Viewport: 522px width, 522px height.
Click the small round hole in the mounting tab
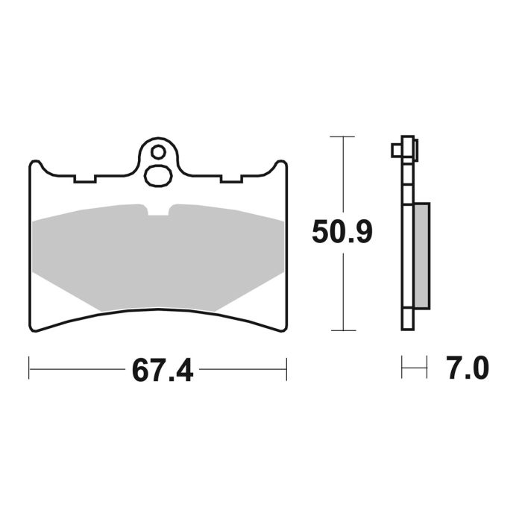[x=157, y=152]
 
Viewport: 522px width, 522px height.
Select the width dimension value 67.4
[x=163, y=370]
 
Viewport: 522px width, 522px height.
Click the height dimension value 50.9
[x=342, y=233]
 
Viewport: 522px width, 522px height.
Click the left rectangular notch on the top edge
[x=85, y=180]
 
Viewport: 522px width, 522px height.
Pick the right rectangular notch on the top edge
[x=231, y=180]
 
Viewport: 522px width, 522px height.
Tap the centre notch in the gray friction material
[x=158, y=210]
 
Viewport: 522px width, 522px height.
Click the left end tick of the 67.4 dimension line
[x=29, y=368]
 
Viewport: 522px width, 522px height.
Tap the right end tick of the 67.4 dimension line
[x=286, y=368]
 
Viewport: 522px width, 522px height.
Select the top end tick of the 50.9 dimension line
[x=342, y=137]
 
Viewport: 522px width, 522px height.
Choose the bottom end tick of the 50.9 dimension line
[x=342, y=330]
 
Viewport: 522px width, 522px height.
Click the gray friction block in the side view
[x=421, y=255]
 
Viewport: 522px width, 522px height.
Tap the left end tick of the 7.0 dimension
[x=403, y=368]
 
